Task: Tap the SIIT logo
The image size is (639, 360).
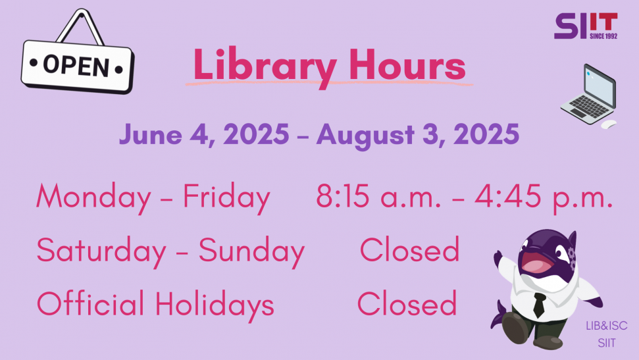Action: coord(586,26)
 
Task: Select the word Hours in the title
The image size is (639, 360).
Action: coord(407,64)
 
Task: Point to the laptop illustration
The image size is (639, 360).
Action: coord(588,95)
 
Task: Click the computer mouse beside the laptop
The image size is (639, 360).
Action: coord(609,124)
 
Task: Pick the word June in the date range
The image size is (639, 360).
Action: coord(151,134)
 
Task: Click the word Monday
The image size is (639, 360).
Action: coord(93,197)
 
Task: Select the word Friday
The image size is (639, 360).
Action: coord(226,197)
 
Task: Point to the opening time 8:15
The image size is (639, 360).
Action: coord(343,196)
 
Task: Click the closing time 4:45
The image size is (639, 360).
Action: coord(508,196)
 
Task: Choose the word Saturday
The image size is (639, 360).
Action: coord(101,251)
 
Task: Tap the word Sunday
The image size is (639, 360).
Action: coord(251,251)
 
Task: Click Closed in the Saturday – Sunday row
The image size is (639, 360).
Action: coord(409,249)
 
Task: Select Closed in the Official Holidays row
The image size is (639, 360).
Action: coord(407,303)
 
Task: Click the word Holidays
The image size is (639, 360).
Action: coord(215,304)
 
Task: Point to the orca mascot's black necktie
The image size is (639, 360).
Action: coord(539,305)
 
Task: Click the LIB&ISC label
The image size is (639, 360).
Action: coord(606,326)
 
